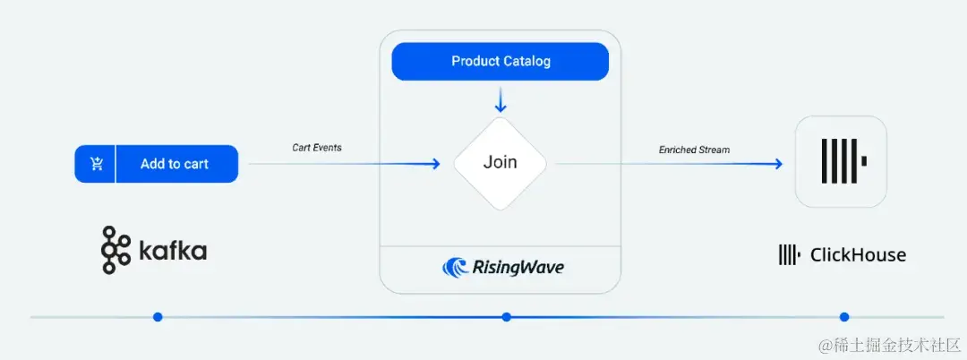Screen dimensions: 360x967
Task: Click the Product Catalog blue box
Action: click(x=501, y=62)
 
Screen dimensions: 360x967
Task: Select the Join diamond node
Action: click(x=501, y=163)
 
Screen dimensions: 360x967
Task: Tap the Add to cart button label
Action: click(x=175, y=164)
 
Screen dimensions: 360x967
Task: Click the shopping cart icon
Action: click(x=97, y=164)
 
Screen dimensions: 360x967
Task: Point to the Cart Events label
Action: click(x=316, y=147)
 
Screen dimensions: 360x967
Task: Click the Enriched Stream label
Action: click(x=694, y=150)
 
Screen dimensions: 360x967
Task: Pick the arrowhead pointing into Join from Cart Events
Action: click(x=435, y=164)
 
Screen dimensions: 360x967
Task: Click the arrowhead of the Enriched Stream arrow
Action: click(x=778, y=164)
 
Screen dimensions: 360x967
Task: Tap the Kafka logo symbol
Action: click(x=114, y=250)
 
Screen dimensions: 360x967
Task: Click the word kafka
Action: click(x=173, y=251)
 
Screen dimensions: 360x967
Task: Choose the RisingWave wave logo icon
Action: click(x=456, y=267)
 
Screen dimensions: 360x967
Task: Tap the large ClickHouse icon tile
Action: click(x=841, y=162)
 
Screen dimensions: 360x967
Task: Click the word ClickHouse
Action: click(x=858, y=255)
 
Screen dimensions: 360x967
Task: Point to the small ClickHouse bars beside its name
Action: click(x=789, y=255)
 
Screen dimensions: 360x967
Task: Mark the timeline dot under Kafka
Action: click(x=158, y=316)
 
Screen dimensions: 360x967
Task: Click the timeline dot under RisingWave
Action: click(x=506, y=316)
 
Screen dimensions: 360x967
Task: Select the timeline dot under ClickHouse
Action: click(x=843, y=316)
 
